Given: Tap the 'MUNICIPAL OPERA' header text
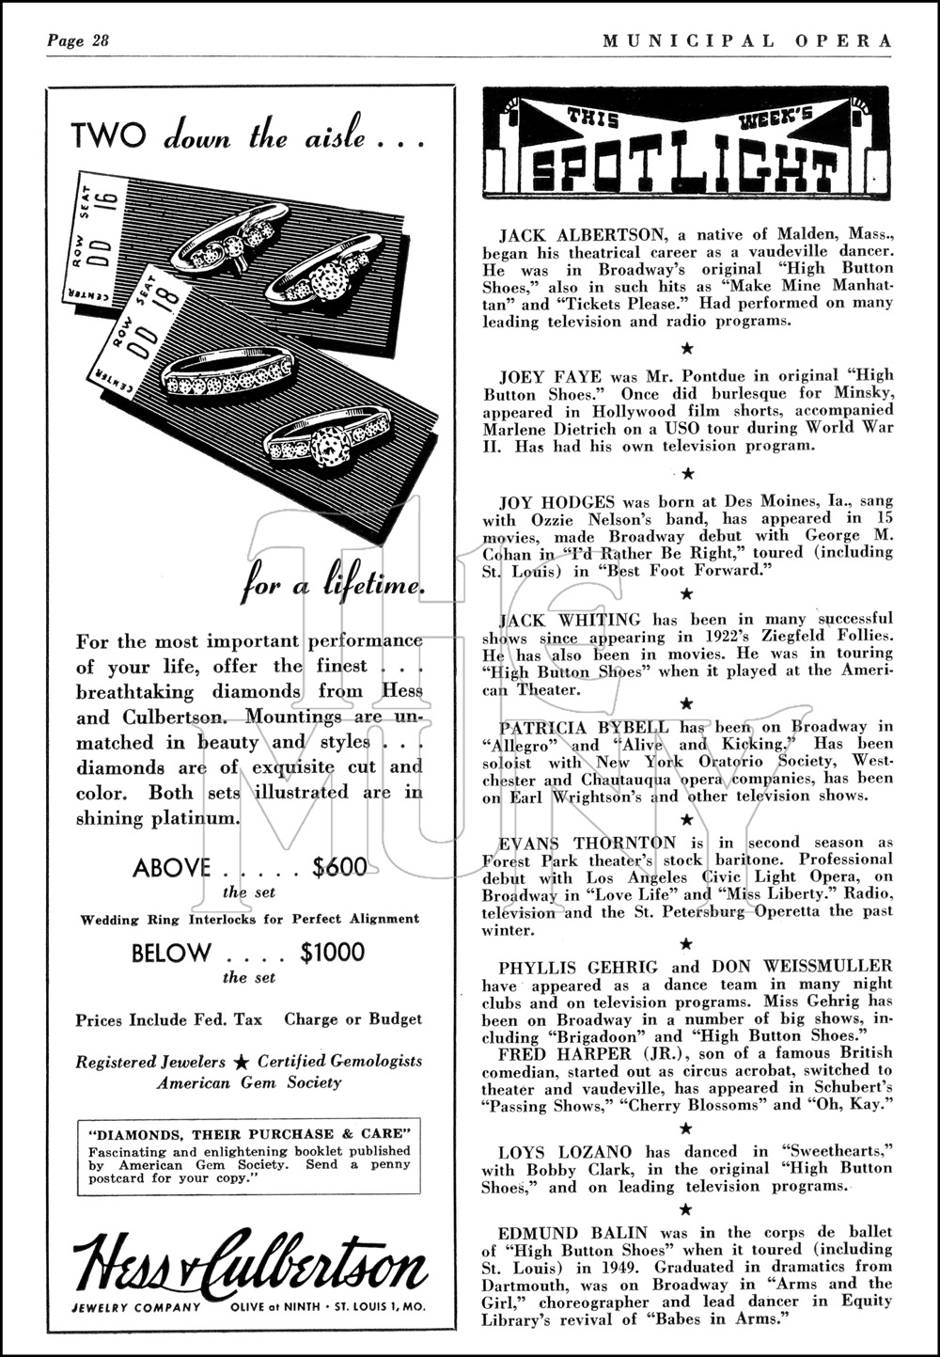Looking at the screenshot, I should pos(746,40).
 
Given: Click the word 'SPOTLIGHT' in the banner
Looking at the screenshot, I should pos(683,169).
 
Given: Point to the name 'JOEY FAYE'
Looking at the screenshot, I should pos(539,376).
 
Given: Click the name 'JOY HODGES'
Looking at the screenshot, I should pos(544,501).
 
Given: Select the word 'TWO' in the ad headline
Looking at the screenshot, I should pos(109,137).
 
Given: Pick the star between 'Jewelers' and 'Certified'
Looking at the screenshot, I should pos(242,1062).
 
